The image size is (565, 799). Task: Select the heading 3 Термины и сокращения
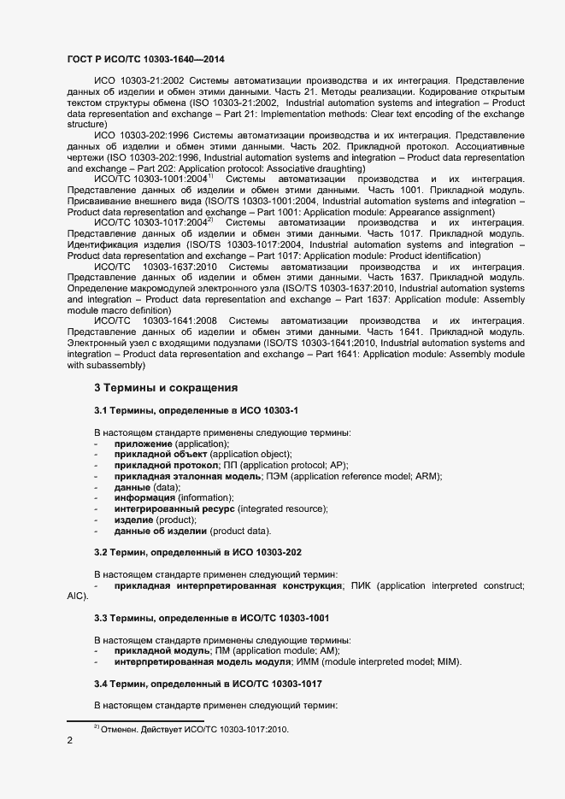165,387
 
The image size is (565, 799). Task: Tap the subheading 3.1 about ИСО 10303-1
196,412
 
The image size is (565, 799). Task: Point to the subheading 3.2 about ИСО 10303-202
197,553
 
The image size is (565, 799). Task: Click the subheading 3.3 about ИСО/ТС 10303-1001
211,617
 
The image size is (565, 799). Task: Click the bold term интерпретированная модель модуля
203,662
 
